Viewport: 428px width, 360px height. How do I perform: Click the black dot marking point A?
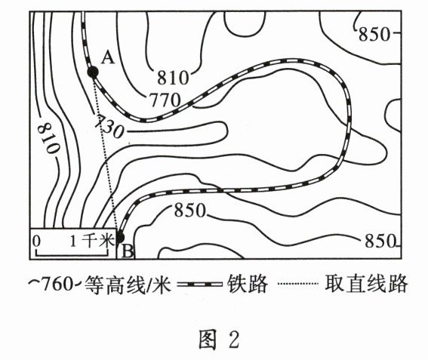pyautogui.click(x=93, y=72)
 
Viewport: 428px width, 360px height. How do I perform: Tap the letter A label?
pyautogui.click(x=108, y=58)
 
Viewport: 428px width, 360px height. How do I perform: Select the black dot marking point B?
pyautogui.click(x=120, y=238)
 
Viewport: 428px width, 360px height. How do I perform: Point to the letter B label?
pyautogui.click(x=128, y=251)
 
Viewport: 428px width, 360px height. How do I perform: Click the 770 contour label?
pyautogui.click(x=165, y=100)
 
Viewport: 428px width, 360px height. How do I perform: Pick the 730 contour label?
pyautogui.click(x=109, y=127)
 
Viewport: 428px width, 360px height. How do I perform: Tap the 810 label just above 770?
pyautogui.click(x=173, y=78)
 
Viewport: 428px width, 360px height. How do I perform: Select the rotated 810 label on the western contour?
pyautogui.click(x=48, y=138)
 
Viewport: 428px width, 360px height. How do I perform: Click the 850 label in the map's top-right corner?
pyautogui.click(x=374, y=35)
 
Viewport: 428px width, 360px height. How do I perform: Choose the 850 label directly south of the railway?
pyautogui.click(x=190, y=210)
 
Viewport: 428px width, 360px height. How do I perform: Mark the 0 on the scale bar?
pyautogui.click(x=36, y=242)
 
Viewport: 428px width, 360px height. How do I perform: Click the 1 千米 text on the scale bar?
pyautogui.click(x=92, y=241)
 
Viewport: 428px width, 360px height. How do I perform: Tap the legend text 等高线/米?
pyautogui.click(x=128, y=285)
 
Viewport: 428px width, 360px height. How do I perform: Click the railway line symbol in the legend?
pyautogui.click(x=199, y=284)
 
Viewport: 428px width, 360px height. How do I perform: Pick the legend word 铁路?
pyautogui.click(x=248, y=284)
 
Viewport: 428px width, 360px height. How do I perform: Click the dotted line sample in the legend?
pyautogui.click(x=298, y=284)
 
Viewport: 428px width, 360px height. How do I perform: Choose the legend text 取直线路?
pyautogui.click(x=366, y=284)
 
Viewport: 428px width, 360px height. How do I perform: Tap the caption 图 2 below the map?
pyautogui.click(x=219, y=339)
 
